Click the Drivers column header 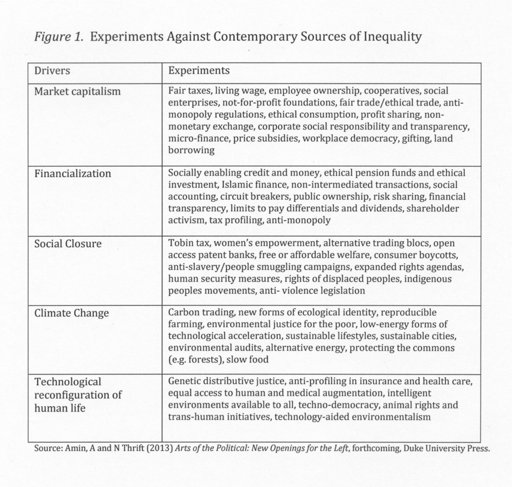click(52, 71)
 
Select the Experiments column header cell click(199, 71)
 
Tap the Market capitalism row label click(77, 92)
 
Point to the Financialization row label click(72, 174)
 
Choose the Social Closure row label click(67, 244)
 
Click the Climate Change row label click(71, 313)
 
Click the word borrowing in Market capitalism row click(191, 150)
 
